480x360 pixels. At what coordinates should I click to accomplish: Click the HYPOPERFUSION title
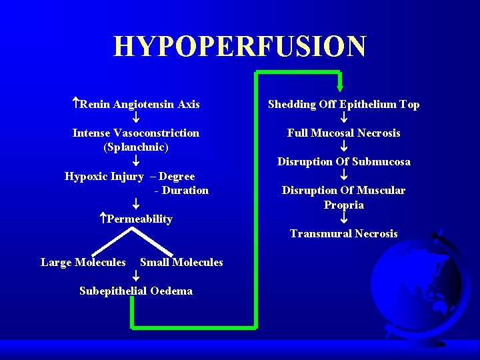(x=240, y=47)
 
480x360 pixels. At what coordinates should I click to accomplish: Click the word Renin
(x=95, y=105)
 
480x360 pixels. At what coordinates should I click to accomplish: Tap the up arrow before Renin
(x=76, y=104)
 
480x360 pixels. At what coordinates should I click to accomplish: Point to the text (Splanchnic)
(x=136, y=147)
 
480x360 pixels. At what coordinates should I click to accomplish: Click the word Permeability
(x=140, y=219)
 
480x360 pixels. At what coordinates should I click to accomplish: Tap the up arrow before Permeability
(x=103, y=219)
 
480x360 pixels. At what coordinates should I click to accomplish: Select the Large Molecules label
(x=83, y=263)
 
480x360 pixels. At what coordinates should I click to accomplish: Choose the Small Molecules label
(x=181, y=263)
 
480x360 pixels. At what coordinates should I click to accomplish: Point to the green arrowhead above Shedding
(x=340, y=86)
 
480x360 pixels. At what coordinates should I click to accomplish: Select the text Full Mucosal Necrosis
(x=343, y=133)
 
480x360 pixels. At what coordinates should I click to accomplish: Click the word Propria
(x=344, y=205)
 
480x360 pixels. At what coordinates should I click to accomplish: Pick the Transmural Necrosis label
(x=343, y=234)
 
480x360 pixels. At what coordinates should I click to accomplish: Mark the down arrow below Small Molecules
(x=135, y=277)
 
